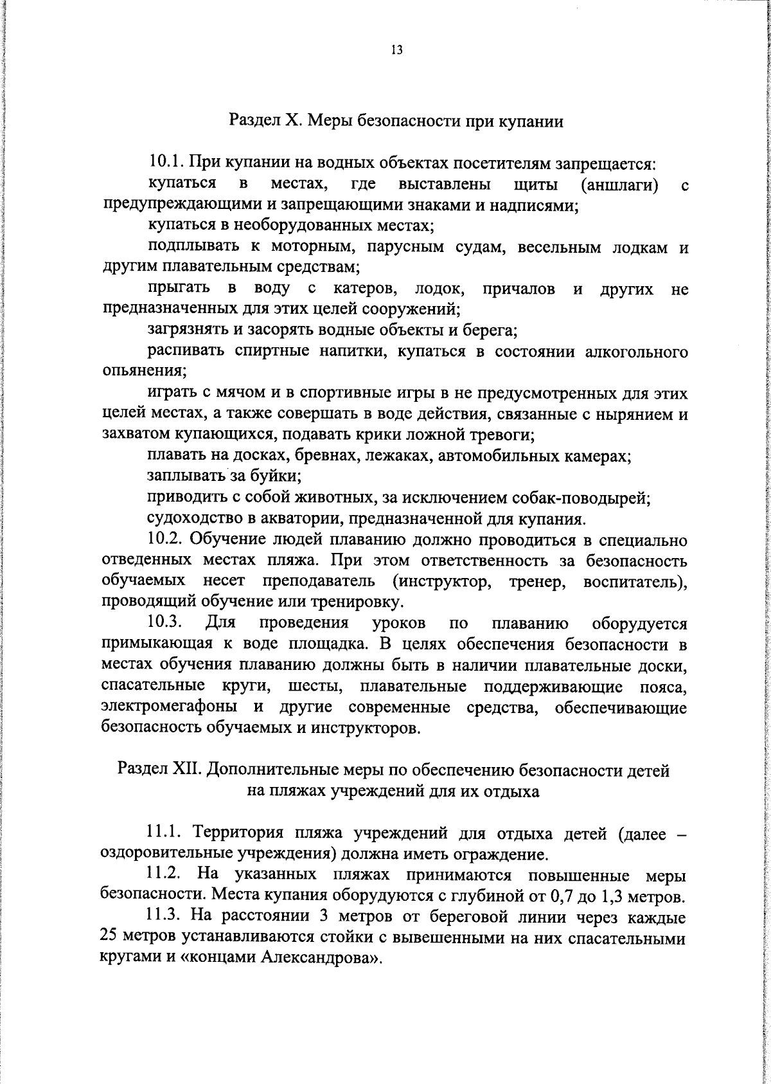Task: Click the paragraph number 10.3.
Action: click(x=166, y=623)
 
